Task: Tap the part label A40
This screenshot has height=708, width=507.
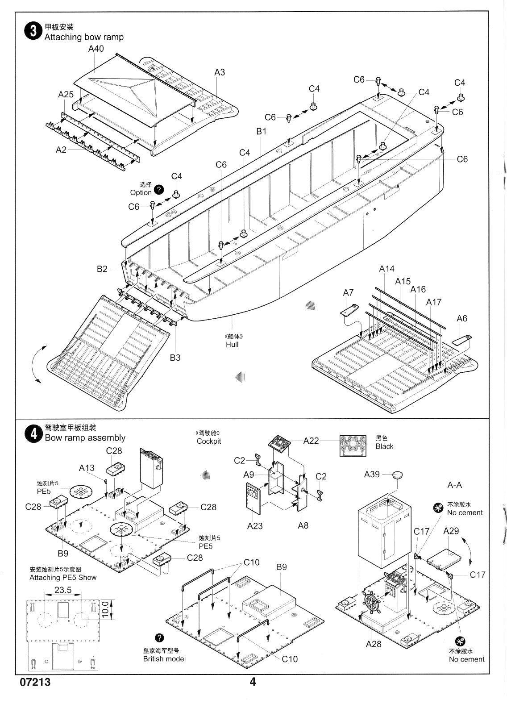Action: click(96, 49)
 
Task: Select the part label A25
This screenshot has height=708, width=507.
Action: click(66, 95)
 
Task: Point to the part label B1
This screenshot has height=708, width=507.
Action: click(261, 131)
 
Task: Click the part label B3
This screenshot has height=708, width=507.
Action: click(175, 357)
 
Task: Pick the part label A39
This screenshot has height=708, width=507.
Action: click(372, 474)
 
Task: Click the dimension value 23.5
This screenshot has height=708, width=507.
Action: click(63, 590)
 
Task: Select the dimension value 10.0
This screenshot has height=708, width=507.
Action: click(104, 608)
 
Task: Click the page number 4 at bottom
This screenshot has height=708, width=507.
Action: click(253, 682)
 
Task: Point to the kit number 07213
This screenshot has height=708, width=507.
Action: click(35, 683)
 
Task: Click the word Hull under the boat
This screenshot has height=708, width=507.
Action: click(232, 344)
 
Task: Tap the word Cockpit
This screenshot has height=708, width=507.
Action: click(209, 441)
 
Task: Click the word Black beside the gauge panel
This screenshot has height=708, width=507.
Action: click(384, 446)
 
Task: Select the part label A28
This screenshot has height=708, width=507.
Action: click(374, 643)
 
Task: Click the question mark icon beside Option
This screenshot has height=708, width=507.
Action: click(158, 191)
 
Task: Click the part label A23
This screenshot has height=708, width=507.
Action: click(255, 525)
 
